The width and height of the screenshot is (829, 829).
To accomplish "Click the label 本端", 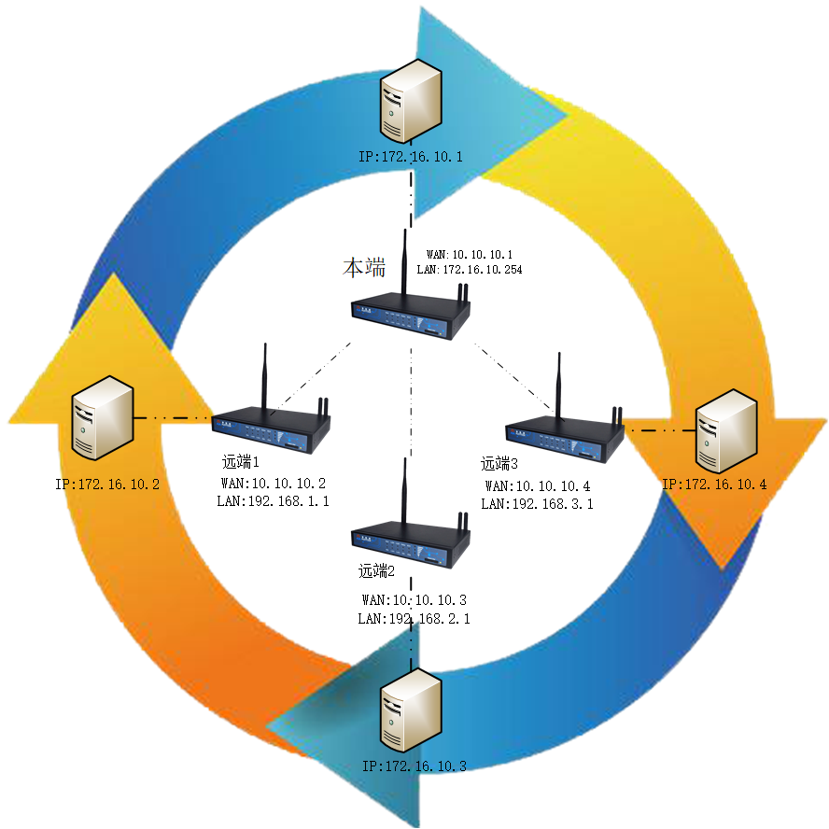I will tap(364, 269).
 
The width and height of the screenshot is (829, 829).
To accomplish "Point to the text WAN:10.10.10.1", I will tap(470, 254).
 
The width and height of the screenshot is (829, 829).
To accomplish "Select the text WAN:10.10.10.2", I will tap(273, 484).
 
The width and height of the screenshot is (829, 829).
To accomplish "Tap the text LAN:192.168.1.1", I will tap(273, 501).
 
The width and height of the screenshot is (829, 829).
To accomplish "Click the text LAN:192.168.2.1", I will tap(414, 618).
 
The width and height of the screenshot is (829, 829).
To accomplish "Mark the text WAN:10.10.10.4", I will tap(538, 486).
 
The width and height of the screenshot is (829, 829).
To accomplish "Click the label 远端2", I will tap(378, 570).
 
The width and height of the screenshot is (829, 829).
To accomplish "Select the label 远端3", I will tap(499, 463).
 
